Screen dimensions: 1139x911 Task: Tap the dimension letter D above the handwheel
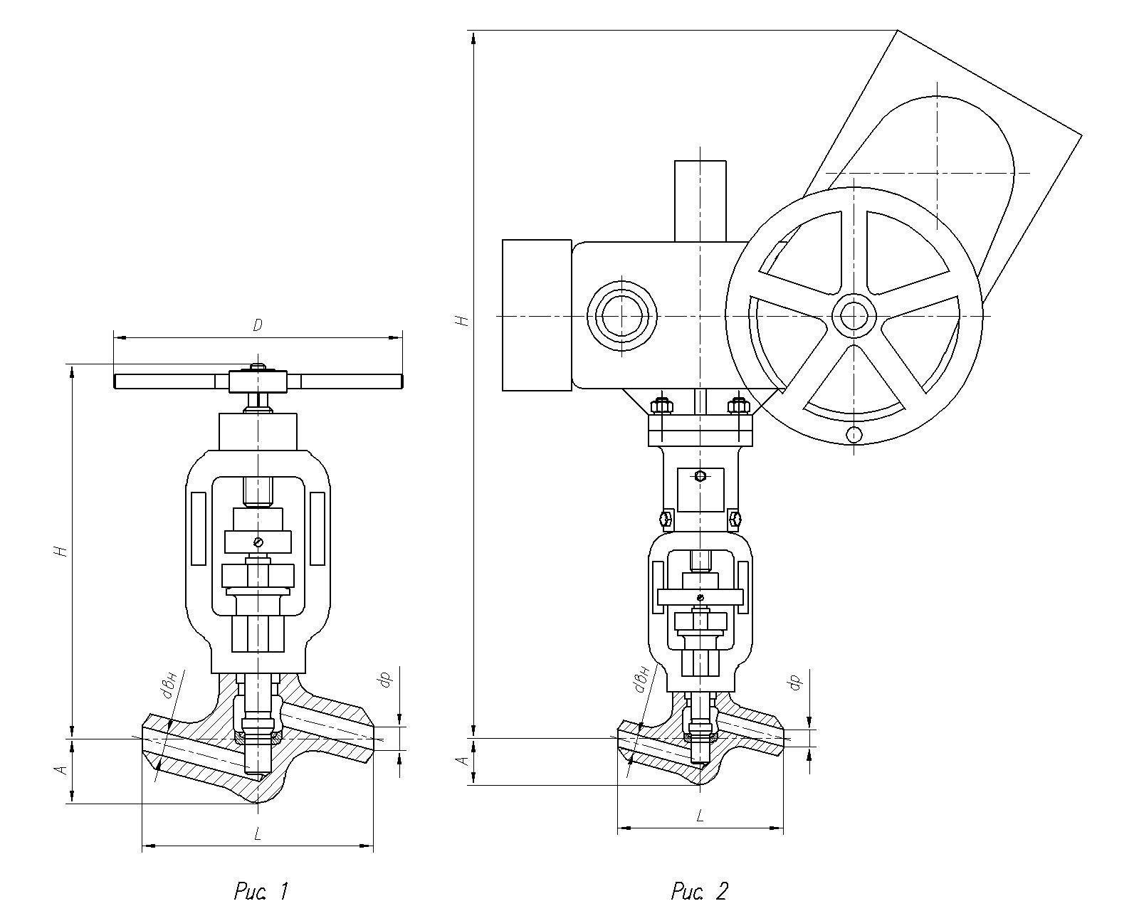click(257, 325)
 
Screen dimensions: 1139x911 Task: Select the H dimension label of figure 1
click(62, 551)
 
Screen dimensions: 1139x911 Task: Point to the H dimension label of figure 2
click(462, 321)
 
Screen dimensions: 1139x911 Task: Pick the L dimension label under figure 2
click(700, 816)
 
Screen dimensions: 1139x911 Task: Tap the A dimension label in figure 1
click(63, 769)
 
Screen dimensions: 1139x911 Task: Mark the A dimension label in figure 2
click(463, 761)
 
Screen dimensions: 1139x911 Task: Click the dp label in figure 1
click(386, 680)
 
